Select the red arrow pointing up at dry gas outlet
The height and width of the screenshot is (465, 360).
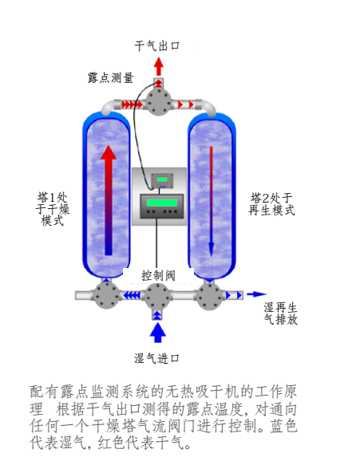point(159,67)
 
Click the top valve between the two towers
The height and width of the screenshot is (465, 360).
point(159,104)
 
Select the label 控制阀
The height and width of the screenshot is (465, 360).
point(158,274)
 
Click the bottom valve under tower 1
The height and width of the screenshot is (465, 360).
point(105,294)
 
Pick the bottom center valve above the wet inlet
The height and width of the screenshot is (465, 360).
point(157,295)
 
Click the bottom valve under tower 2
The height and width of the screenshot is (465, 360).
point(212,295)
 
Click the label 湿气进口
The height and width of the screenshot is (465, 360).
point(157,358)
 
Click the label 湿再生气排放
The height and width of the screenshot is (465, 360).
point(281,313)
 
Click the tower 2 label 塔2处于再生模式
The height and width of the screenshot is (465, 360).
point(272,204)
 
